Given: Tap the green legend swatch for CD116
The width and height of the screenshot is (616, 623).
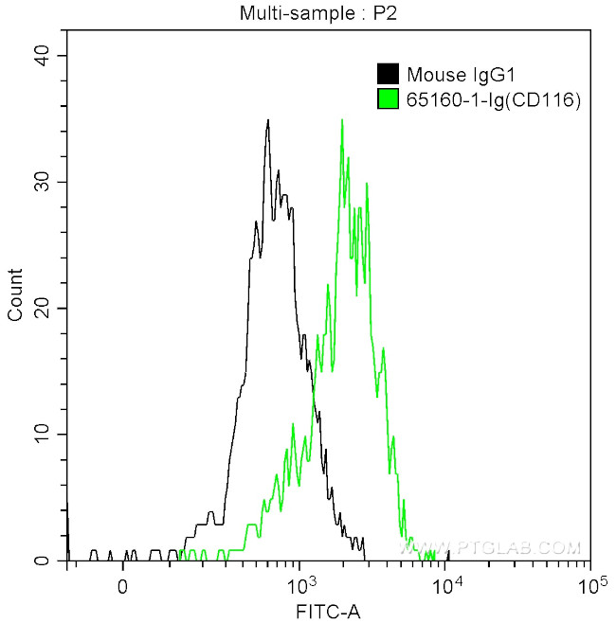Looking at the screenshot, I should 388,99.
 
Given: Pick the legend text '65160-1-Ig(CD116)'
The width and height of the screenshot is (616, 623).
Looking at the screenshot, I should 480,99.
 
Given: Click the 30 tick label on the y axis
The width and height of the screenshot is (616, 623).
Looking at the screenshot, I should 41,182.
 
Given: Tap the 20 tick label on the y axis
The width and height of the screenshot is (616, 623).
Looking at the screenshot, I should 41,308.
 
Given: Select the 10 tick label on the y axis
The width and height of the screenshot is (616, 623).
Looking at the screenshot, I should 41,434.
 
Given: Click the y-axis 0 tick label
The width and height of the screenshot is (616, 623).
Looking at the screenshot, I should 45,561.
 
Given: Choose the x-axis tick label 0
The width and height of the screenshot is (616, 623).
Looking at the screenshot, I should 122,586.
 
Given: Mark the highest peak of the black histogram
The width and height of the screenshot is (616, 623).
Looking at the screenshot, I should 268,120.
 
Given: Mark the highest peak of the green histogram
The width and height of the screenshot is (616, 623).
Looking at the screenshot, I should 340,120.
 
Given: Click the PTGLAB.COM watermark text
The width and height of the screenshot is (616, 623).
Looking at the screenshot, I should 502,547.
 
